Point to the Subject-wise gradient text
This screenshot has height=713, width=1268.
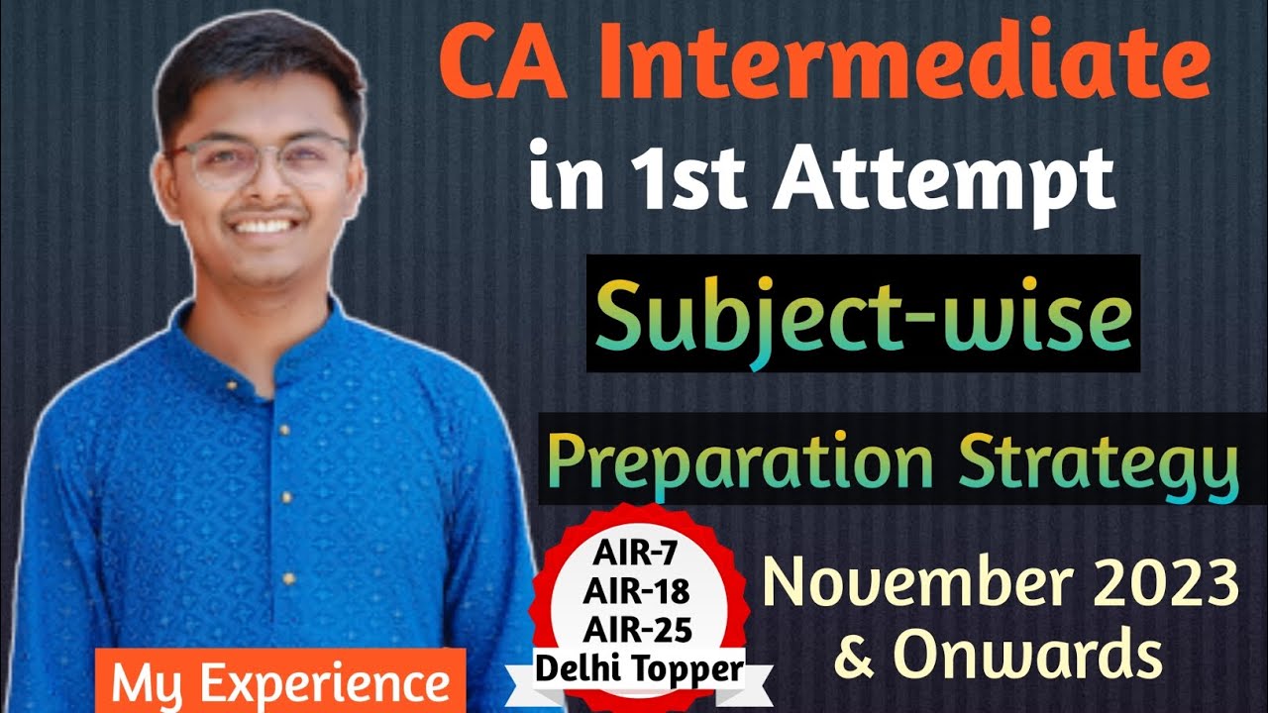click(863, 316)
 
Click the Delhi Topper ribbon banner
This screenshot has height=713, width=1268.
click(639, 670)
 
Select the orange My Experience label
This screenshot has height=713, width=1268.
click(280, 682)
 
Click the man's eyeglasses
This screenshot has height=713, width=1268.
click(260, 161)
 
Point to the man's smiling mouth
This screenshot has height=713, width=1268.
click(262, 225)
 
